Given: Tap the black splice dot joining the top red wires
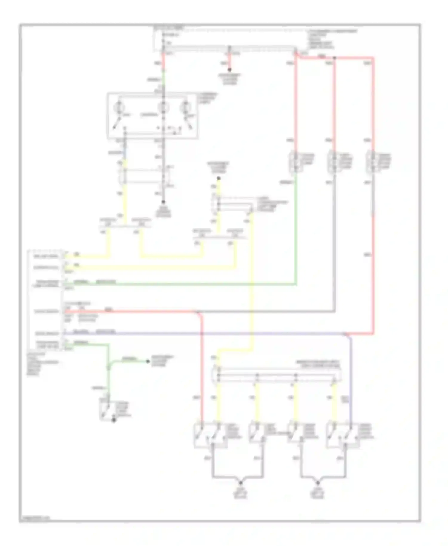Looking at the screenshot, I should tap(335, 58).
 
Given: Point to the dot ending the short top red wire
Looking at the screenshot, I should tap(229, 70).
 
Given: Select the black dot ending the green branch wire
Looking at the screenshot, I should tap(148, 361).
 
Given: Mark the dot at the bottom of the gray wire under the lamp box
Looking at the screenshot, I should tap(163, 202).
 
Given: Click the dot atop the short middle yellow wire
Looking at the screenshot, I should tap(218, 178).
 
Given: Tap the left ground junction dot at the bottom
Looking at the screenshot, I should tap(240, 483).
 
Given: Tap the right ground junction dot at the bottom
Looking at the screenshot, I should tap(318, 483).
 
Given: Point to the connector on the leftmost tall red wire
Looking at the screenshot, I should tap(295, 162).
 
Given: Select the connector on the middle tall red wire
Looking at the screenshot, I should tap(334, 162).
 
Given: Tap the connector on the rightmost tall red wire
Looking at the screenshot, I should tap(373, 162).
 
